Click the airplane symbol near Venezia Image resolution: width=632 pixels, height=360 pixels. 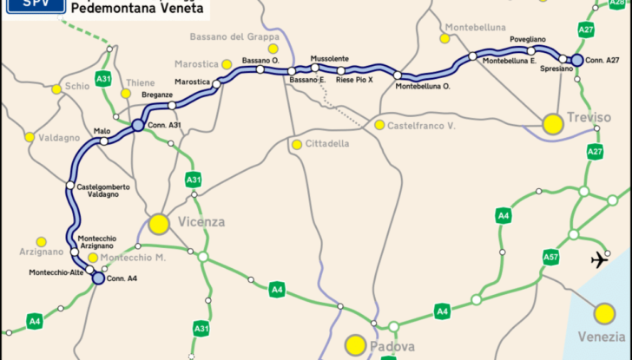[600, 259]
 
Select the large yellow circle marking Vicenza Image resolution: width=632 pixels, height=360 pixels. [158, 224]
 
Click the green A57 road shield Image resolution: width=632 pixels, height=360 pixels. [550, 257]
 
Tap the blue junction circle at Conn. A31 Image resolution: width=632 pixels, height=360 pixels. [137, 127]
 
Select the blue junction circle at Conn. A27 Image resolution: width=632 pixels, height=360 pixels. [577, 60]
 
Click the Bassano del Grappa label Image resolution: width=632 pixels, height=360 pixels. [229, 36]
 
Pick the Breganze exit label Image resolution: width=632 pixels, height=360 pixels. [157, 96]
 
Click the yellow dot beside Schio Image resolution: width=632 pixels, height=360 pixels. [57, 88]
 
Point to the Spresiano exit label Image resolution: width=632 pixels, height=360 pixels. [556, 68]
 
